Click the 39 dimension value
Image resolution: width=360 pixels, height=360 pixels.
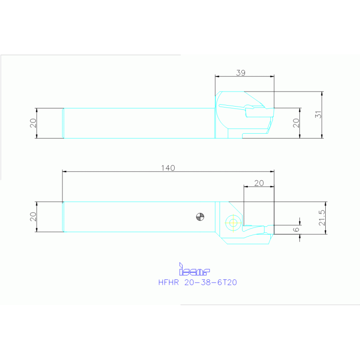click(x=240, y=73)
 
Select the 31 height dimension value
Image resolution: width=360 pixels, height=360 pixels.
click(x=319, y=115)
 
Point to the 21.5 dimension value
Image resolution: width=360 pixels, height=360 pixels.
click(x=322, y=218)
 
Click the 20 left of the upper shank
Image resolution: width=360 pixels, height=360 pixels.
click(x=33, y=123)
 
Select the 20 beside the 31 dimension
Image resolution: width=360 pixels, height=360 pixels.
click(x=296, y=123)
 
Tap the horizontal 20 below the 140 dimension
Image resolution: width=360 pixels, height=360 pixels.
click(x=259, y=184)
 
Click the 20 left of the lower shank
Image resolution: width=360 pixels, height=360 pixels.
click(x=33, y=217)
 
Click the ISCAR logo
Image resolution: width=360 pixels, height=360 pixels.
click(x=194, y=269)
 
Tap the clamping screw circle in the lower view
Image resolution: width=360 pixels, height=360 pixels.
click(x=232, y=222)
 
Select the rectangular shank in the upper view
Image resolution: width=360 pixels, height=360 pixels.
click(x=138, y=123)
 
